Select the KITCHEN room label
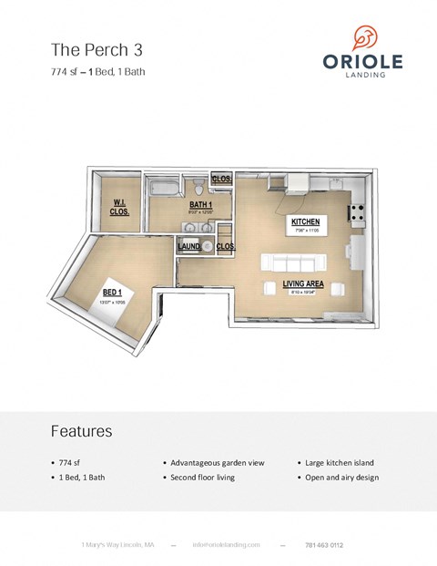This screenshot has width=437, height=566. (305, 222)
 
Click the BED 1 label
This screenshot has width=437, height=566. (112, 292)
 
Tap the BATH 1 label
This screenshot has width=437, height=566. (200, 205)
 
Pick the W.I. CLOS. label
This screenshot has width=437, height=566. (119, 206)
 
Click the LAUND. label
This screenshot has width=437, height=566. (188, 246)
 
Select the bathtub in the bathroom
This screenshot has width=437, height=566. (164, 189)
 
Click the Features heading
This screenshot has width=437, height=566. (81, 430)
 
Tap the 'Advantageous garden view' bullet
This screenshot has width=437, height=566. (217, 463)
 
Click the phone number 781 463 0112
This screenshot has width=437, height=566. (324, 545)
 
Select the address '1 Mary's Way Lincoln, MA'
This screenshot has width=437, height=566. (117, 545)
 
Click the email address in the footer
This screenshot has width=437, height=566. (226, 545)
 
